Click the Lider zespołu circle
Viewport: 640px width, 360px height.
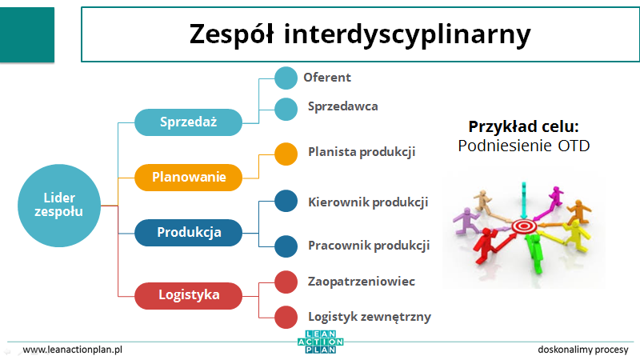[59, 206]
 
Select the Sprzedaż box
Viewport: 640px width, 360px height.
[188, 122]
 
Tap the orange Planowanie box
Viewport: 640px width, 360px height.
[188, 177]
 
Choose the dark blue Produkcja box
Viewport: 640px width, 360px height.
[188, 232]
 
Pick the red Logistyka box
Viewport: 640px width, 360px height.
[188, 295]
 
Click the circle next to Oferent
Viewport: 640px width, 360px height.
[286, 78]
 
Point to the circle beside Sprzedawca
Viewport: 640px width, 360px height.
[286, 109]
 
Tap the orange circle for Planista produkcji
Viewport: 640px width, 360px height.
[286, 154]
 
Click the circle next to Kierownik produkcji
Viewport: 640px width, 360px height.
[286, 201]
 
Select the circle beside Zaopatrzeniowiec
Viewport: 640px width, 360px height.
[286, 282]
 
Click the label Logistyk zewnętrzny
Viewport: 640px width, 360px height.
[370, 317]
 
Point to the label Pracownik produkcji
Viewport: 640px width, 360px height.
[369, 246]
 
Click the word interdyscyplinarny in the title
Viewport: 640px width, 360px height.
[407, 34]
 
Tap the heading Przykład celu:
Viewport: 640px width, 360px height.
[524, 126]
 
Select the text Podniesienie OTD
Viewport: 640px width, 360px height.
[524, 146]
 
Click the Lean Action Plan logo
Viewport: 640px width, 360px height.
[321, 342]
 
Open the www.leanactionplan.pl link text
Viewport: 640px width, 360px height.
[73, 350]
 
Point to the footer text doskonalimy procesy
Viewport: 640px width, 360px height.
[583, 350]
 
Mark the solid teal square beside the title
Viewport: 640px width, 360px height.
[27, 34]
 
